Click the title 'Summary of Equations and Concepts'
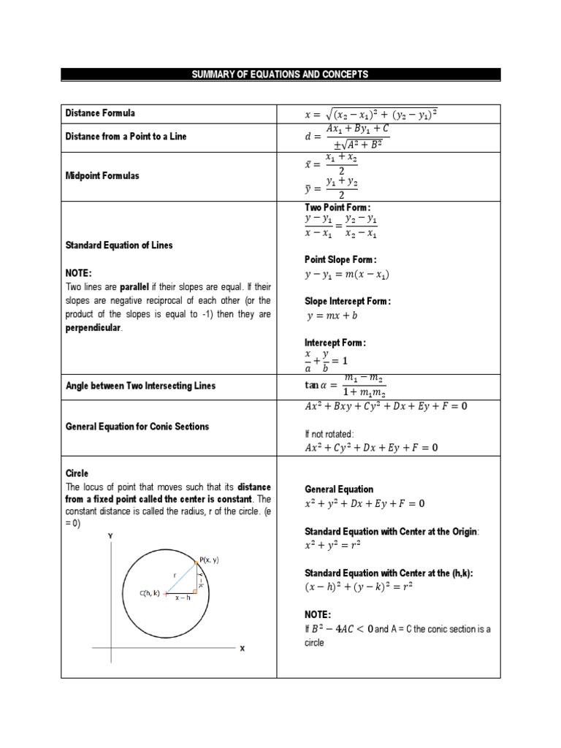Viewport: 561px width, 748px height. [x=280, y=74]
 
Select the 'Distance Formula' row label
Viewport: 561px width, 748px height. [x=100, y=113]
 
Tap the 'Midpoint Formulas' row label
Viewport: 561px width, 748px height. [x=102, y=176]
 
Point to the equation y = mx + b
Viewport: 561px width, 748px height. [x=332, y=316]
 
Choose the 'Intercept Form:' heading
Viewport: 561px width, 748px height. [x=335, y=342]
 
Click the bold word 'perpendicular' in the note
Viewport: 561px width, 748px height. [x=94, y=328]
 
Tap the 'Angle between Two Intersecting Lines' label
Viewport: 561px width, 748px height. [x=140, y=385]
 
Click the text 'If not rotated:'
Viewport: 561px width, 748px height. [x=329, y=433]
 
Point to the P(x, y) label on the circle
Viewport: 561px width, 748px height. [x=209, y=560]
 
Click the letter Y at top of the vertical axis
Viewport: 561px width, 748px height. [x=111, y=535]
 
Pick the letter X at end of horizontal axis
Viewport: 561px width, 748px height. [x=242, y=647]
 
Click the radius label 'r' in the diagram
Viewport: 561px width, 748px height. [x=175, y=575]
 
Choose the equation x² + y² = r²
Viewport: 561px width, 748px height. [x=332, y=545]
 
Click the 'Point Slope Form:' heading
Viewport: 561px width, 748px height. [x=340, y=259]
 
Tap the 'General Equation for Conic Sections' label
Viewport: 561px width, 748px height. [x=137, y=427]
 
